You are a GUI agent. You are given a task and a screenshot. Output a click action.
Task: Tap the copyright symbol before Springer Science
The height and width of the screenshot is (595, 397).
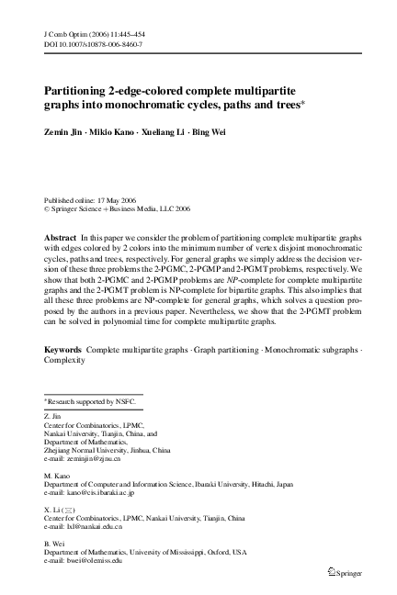pyautogui.click(x=48, y=208)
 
